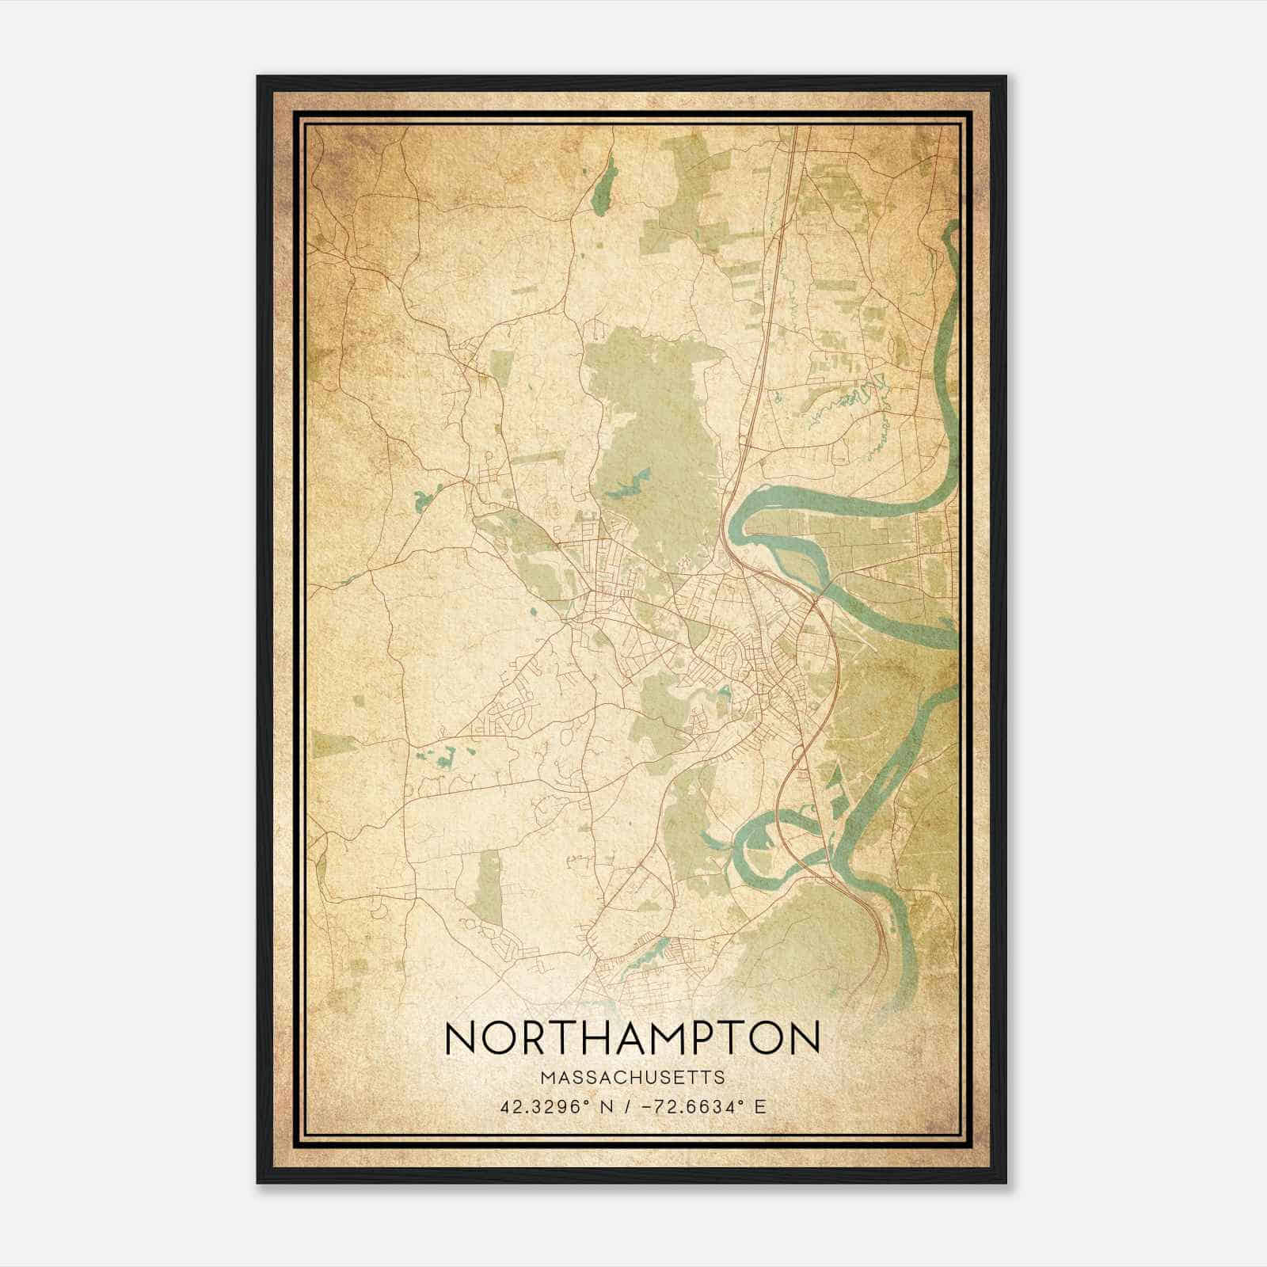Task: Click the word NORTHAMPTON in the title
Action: [x=633, y=1038]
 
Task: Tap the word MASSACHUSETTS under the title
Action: [x=633, y=1077]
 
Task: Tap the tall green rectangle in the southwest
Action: [x=489, y=887]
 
